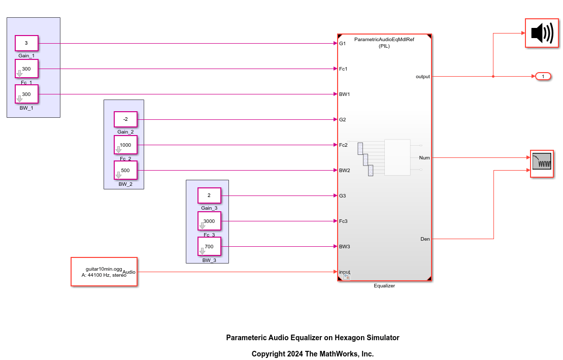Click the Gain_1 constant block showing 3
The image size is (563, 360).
coord(26,44)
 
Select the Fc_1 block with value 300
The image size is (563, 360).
coord(26,69)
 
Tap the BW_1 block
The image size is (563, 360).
coord(26,94)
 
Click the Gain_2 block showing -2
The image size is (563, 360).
coord(125,120)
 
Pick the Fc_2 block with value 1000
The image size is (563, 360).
coord(125,145)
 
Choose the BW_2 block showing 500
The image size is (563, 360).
coord(125,170)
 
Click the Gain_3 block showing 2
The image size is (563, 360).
coord(209,195)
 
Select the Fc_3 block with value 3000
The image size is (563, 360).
coord(209,221)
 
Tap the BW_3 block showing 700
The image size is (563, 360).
coord(209,246)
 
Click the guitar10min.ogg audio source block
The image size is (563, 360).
coord(104,272)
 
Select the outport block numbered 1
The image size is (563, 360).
coord(543,77)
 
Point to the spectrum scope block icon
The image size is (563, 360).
coord(542,163)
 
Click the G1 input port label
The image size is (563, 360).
coord(343,44)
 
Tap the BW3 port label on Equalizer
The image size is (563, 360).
coord(345,246)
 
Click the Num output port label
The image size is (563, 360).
coord(424,158)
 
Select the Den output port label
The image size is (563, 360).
coord(425,239)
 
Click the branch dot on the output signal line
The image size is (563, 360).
coord(493,77)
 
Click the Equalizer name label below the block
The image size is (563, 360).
coord(384,286)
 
